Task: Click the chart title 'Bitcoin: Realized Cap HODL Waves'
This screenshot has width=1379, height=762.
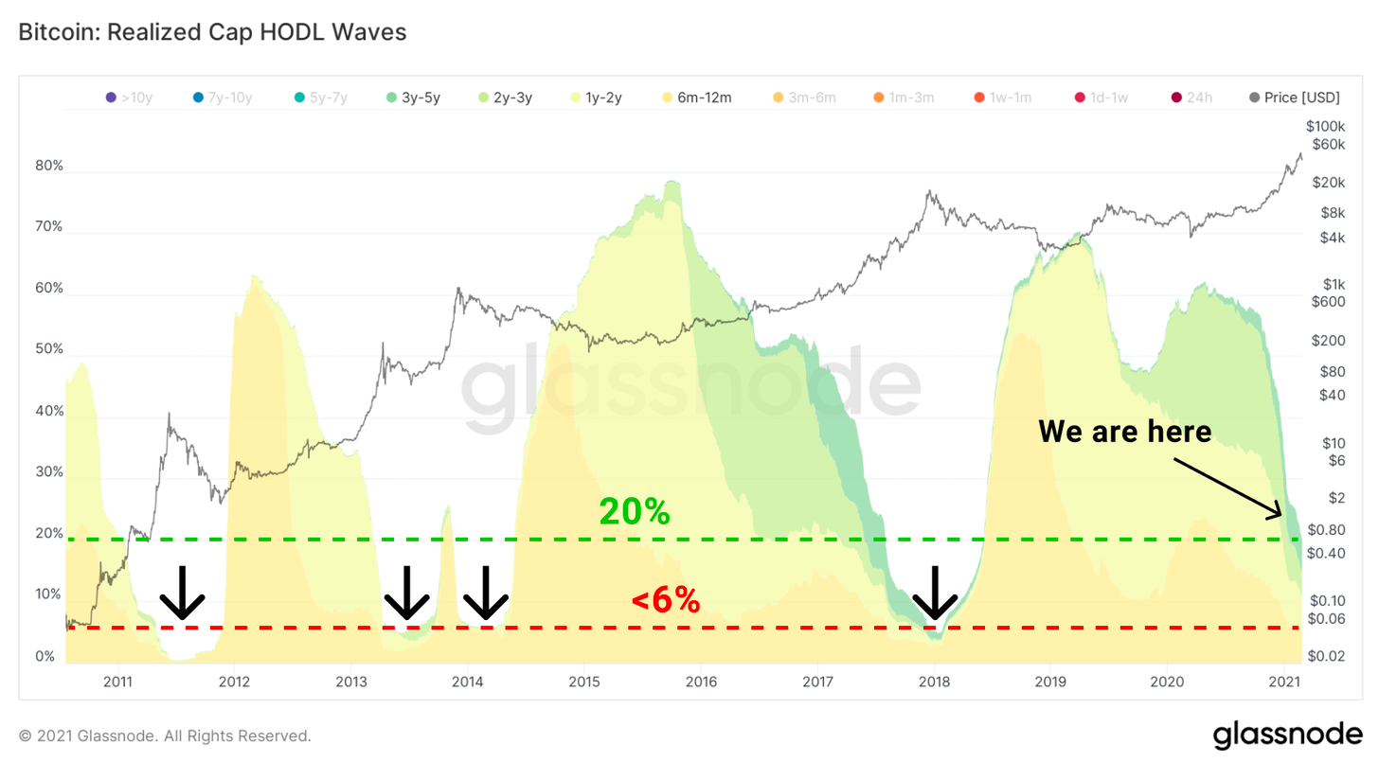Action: point(212,32)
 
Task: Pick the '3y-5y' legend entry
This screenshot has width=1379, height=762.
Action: point(412,97)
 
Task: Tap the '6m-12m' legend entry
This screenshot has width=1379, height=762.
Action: point(697,97)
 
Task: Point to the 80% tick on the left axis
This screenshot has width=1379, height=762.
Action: point(49,166)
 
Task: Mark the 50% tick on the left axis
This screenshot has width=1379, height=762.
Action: point(49,349)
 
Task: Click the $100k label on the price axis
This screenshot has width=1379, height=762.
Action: point(1325,126)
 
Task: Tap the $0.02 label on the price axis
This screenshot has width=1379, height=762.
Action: point(1325,655)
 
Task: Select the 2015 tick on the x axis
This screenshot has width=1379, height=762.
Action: point(583,682)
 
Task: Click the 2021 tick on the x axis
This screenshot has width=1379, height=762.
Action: point(1283,682)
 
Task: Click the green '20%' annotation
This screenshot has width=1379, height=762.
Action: point(635,512)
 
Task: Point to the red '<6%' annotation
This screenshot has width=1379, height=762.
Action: point(666,599)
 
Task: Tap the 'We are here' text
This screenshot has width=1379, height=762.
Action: point(1125,432)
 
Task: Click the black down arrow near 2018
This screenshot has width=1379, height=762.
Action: point(935,594)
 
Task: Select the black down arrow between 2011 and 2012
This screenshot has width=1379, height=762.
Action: point(182,594)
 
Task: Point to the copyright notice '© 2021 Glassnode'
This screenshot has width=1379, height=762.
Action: point(165,735)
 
